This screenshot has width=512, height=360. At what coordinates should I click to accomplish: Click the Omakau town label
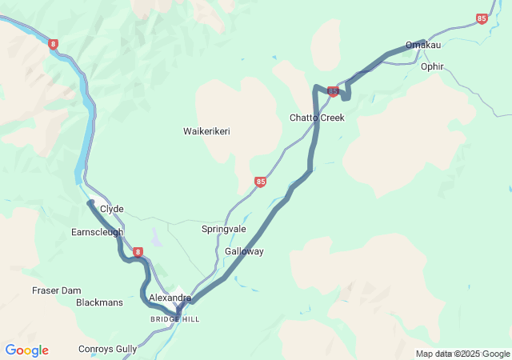point(423,45)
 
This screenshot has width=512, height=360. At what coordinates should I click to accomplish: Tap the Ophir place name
point(432,66)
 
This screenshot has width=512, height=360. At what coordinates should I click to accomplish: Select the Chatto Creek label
point(317,118)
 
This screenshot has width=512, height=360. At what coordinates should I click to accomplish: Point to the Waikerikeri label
point(206,131)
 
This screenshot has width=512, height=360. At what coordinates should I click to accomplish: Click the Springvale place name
point(224,229)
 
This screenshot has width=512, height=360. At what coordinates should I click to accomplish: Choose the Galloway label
point(244,251)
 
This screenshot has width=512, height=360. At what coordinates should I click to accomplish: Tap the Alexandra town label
point(170,298)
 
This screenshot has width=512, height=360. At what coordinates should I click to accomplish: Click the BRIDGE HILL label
point(174,319)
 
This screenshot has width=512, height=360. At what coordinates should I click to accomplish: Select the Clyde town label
point(112,209)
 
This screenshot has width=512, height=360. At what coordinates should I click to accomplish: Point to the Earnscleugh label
point(97,232)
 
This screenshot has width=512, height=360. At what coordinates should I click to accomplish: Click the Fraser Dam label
point(57,290)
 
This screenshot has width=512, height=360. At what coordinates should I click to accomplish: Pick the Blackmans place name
point(99,303)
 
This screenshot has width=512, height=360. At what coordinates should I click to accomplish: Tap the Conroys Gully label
point(107,349)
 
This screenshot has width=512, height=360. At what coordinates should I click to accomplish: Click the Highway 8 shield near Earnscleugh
point(138,252)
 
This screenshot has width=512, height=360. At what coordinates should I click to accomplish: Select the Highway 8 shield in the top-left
point(53,44)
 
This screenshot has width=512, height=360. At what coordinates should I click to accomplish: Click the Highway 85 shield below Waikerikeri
point(260,182)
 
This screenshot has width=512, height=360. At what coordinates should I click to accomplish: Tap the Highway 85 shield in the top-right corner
point(481,18)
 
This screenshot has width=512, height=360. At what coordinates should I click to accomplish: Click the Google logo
point(26,350)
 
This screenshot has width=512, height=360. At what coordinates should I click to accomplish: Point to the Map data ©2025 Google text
point(462,354)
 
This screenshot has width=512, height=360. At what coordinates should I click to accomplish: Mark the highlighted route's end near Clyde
point(91,203)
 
